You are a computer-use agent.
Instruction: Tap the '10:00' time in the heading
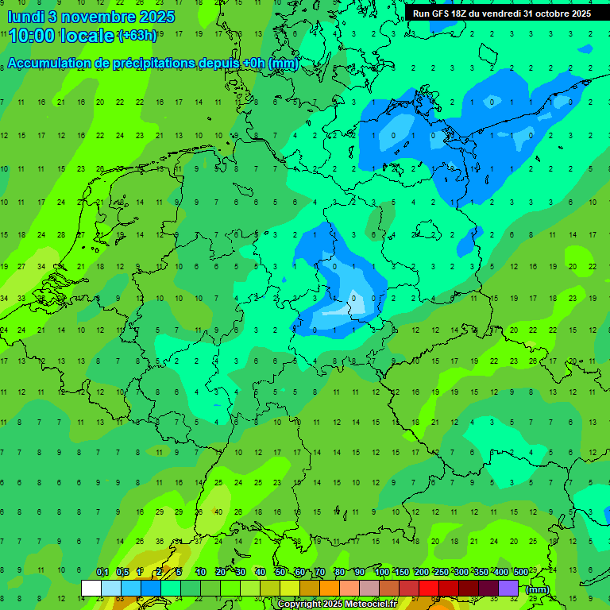pyautogui.click(x=32, y=36)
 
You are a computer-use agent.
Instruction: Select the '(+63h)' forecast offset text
pyautogui.click(x=137, y=36)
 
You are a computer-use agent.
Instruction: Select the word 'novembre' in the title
pyautogui.click(x=91, y=16)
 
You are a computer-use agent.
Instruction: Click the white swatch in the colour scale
pyautogui.click(x=91, y=589)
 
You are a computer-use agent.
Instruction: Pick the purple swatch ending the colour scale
pyautogui.click(x=508, y=589)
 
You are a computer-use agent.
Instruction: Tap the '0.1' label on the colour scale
pyautogui.click(x=102, y=572)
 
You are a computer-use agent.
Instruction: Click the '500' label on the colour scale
pyautogui.click(x=521, y=572)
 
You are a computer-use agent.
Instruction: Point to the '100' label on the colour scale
pyautogui.click(x=382, y=572)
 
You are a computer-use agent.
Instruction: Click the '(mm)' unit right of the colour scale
pyautogui.click(x=538, y=589)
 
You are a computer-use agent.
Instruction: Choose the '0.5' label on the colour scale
pyautogui.click(x=122, y=572)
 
